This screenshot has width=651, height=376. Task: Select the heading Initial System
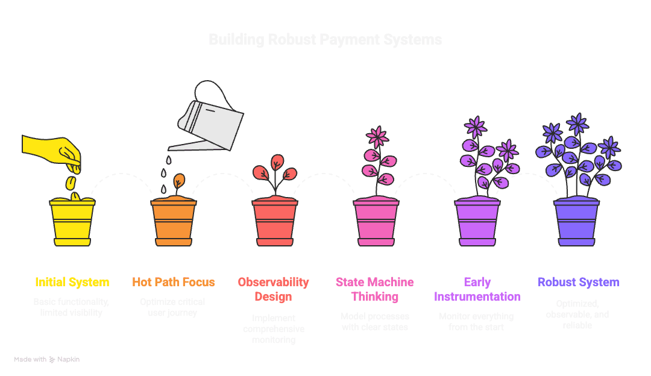[72, 282]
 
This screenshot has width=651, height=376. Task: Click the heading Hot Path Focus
[174, 282]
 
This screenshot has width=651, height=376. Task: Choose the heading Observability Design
[274, 289]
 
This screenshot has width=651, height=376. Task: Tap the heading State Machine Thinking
[375, 289]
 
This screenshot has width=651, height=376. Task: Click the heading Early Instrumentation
[477, 289]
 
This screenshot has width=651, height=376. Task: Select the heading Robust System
[579, 282]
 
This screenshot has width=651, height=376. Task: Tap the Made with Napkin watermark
[47, 359]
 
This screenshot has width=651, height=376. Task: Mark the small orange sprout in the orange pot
[178, 181]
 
